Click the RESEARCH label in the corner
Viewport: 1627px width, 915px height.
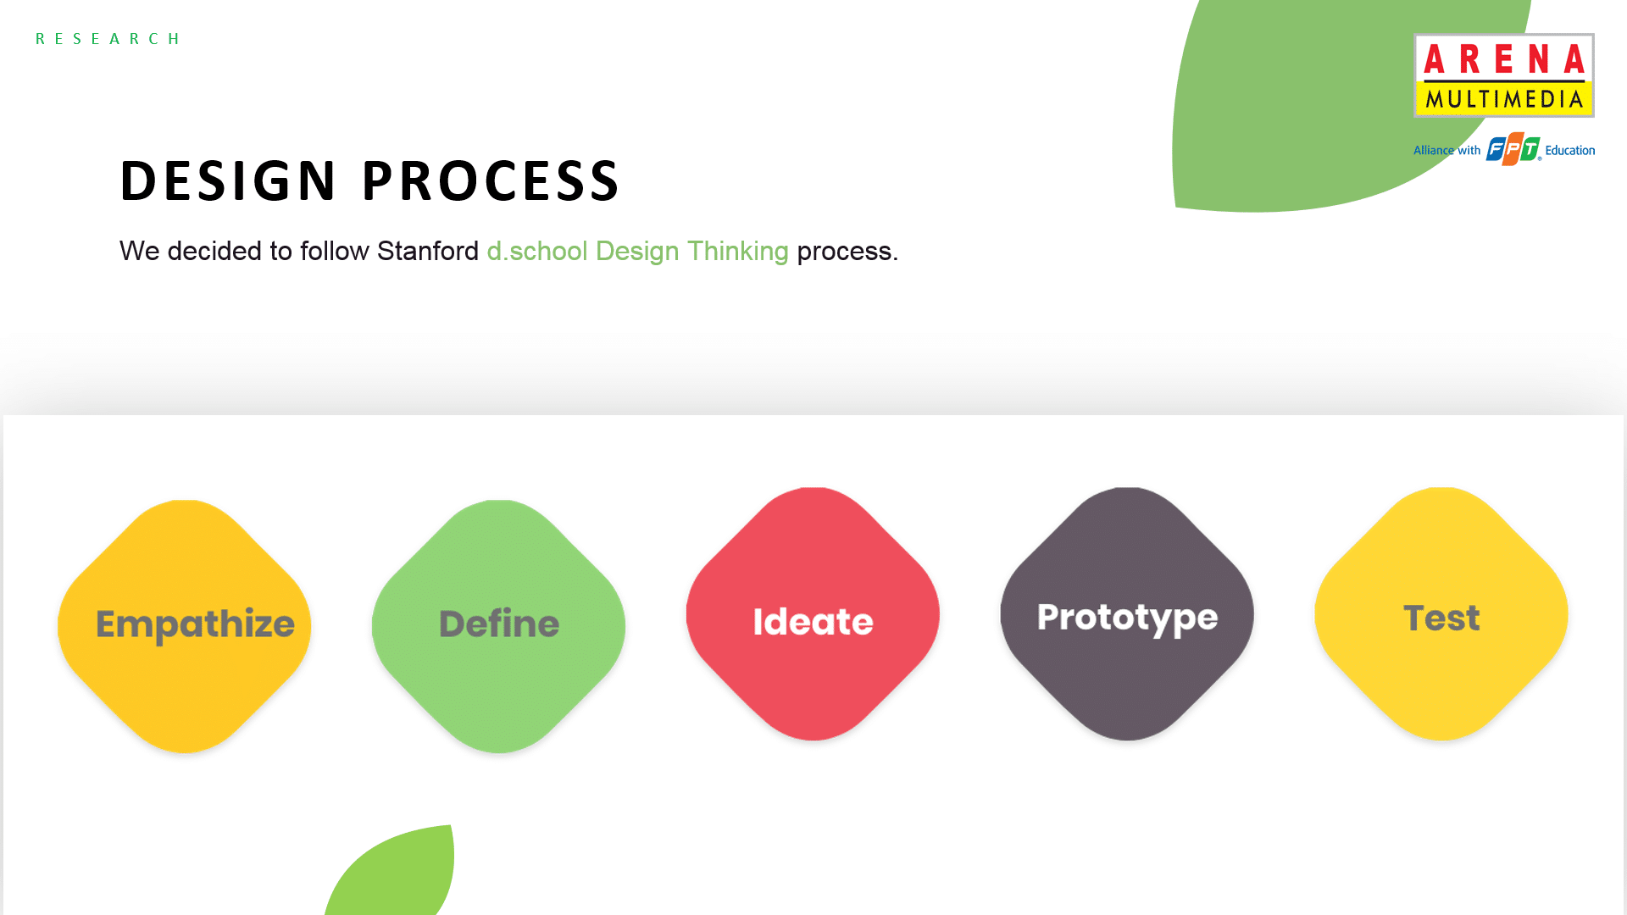pos(108,39)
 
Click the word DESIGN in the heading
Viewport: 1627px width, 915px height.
pos(229,180)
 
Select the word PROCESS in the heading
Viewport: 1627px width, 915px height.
pos(491,180)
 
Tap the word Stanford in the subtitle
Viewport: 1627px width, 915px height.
pos(428,251)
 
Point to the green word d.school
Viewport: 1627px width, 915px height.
pos(537,251)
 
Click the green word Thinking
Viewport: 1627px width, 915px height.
pos(737,252)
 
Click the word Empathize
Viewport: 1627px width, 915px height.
pos(195,625)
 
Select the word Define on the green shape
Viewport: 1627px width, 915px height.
pos(499,624)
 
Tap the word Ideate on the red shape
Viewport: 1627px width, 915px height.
pos(813,621)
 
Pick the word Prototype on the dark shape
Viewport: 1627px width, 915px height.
pos(1128,618)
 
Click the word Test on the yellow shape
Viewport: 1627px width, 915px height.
pos(1441,618)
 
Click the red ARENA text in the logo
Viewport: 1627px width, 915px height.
pos(1504,59)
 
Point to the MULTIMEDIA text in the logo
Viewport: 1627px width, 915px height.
pos(1504,99)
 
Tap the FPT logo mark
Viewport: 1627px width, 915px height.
pos(1513,149)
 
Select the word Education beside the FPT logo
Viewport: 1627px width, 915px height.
pos(1570,151)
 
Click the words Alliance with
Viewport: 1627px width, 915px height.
pos(1447,151)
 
